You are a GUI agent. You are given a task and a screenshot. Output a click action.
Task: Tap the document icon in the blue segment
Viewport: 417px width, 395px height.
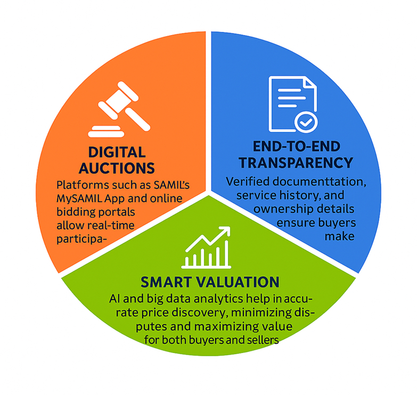click(292, 104)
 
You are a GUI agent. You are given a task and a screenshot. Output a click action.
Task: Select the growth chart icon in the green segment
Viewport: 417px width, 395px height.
click(207, 247)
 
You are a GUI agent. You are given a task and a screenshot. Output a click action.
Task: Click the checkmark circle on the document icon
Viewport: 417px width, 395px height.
click(306, 122)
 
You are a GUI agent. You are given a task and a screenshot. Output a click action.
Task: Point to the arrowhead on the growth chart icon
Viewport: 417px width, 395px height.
click(224, 231)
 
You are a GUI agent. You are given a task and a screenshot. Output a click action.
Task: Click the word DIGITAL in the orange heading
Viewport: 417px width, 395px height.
click(117, 152)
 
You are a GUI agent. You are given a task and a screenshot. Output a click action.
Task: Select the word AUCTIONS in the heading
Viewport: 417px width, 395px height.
click(117, 168)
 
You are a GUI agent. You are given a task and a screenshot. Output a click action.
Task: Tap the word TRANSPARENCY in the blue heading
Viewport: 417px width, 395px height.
click(296, 163)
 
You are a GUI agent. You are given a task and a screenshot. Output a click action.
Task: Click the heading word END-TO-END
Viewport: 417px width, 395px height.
click(296, 146)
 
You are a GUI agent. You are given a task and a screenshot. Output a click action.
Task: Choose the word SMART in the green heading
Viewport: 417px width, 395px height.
click(166, 282)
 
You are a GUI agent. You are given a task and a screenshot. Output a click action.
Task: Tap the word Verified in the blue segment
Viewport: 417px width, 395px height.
click(248, 182)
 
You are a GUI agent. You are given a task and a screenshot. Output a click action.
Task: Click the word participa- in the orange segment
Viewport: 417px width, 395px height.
click(81, 239)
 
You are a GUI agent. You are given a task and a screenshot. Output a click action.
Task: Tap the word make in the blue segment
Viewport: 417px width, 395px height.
click(340, 236)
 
